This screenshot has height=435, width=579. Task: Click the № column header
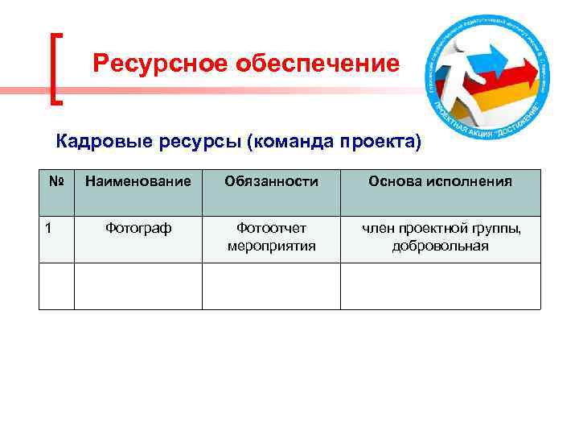[55, 181]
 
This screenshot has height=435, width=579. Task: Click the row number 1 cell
[50, 229]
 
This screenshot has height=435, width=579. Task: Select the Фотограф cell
[138, 229]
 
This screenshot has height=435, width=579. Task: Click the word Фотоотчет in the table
[271, 229]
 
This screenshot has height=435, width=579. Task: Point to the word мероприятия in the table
[271, 246]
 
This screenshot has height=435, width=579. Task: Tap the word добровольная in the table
[440, 246]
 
